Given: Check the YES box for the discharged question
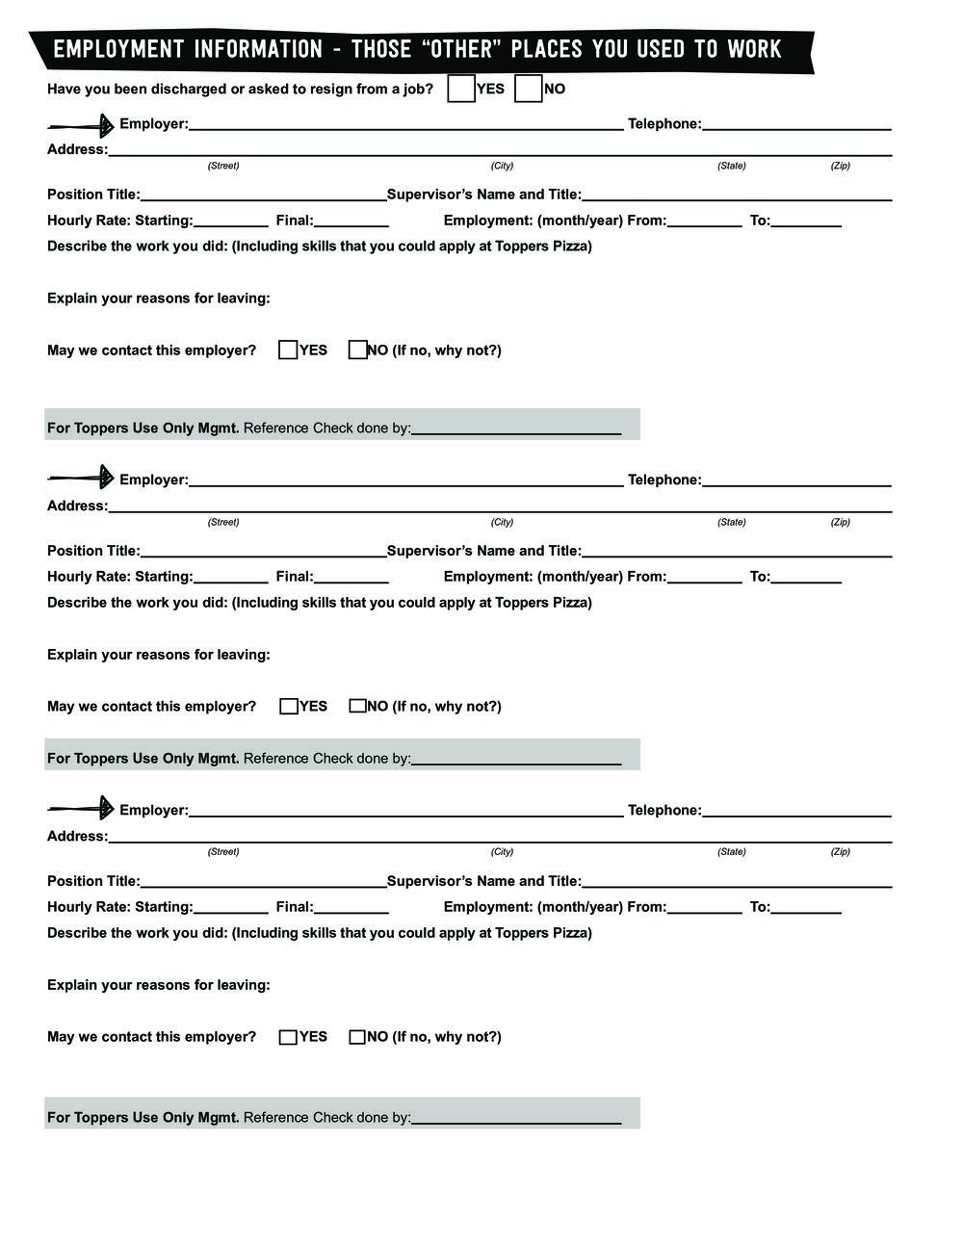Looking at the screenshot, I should point(461,89).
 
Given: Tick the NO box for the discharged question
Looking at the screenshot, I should point(529,89).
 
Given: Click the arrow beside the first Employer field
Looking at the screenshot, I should point(81,125).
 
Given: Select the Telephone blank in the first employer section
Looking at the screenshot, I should point(796,123).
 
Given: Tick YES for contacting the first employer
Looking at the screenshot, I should point(288,350).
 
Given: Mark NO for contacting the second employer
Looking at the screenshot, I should point(357,706).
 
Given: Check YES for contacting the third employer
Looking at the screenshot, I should point(288,1037).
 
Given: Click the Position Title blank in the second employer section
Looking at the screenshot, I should point(263,551).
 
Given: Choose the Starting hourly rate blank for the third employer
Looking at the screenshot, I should point(230,907).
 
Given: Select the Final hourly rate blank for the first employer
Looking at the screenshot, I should point(351,221).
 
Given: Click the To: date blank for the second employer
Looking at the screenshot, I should point(806,577).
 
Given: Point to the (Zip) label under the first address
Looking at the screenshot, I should point(840,166).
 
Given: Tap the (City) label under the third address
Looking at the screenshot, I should point(502,851).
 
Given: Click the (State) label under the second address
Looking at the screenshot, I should point(731,522).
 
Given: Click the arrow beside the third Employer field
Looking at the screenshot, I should point(81,808).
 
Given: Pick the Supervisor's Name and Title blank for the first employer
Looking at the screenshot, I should point(737,195).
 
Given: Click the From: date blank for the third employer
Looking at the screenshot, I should point(704,907).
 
